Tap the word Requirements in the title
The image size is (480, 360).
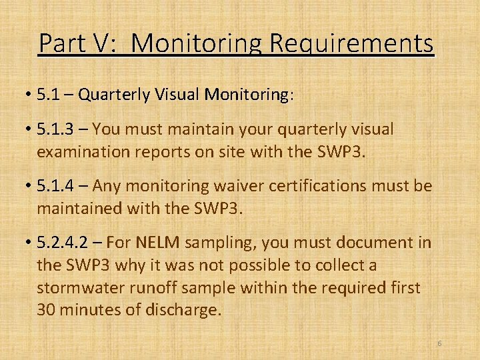coord(351,43)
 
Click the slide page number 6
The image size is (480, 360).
coord(439,343)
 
